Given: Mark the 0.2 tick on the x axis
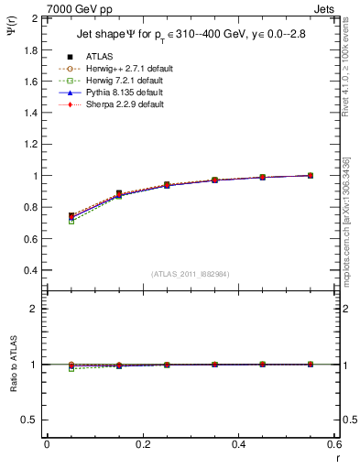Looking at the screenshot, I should (x=143, y=444).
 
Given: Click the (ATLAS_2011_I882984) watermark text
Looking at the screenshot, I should (x=191, y=274).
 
